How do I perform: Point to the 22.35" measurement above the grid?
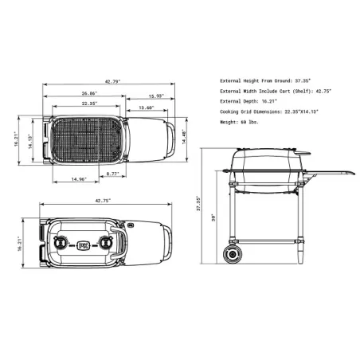[88, 104]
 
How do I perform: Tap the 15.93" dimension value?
[156, 96]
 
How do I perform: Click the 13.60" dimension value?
[146, 108]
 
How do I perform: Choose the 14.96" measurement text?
[77, 179]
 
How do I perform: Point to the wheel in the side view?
[234, 255]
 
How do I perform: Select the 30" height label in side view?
[213, 216]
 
